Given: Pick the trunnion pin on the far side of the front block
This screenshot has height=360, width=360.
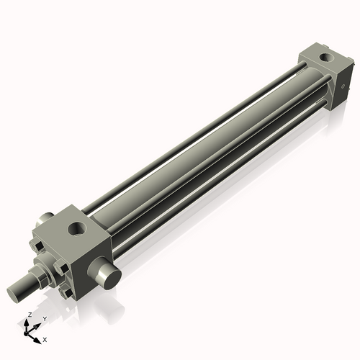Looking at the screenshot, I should click(45, 217).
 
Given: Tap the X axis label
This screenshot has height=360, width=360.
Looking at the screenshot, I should click(45, 338).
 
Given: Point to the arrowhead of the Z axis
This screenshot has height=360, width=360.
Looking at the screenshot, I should click(27, 322).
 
